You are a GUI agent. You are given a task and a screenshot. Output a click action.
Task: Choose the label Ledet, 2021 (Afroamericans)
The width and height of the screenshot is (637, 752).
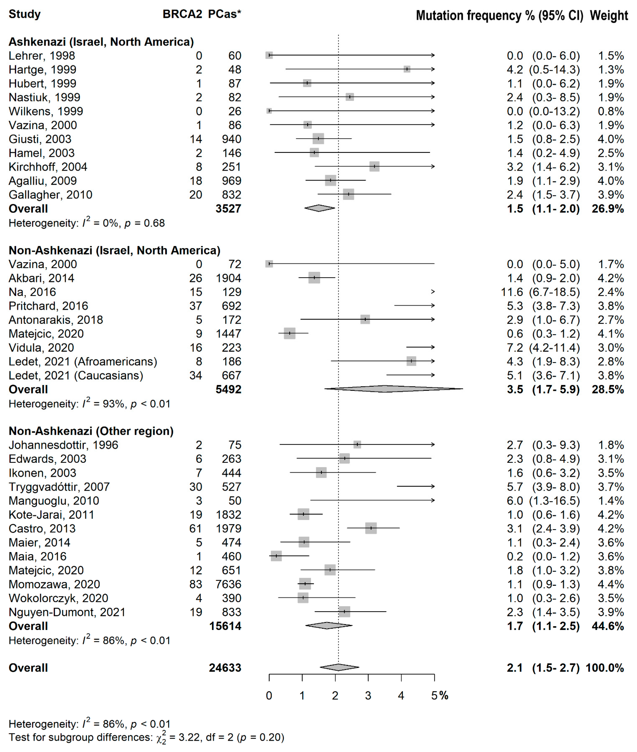83,361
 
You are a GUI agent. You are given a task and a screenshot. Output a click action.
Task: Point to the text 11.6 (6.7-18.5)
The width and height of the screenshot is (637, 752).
540,292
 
